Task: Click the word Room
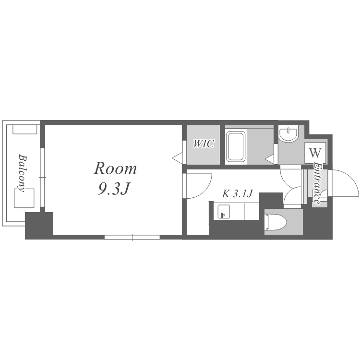point(115,168)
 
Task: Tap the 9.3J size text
point(114,190)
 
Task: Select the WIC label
point(204,144)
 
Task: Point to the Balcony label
point(23,173)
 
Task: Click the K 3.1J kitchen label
point(237,194)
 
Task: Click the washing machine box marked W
point(315,153)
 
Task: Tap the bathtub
point(236,146)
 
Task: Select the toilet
point(276,222)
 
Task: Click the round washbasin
point(288,133)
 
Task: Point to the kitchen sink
point(224,212)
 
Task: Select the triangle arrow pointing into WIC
point(177,158)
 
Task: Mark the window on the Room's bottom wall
point(132,237)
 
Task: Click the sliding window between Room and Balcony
point(42,178)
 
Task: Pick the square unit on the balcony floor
point(24,198)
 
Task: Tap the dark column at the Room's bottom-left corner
point(39,226)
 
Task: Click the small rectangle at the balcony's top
point(25,129)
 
